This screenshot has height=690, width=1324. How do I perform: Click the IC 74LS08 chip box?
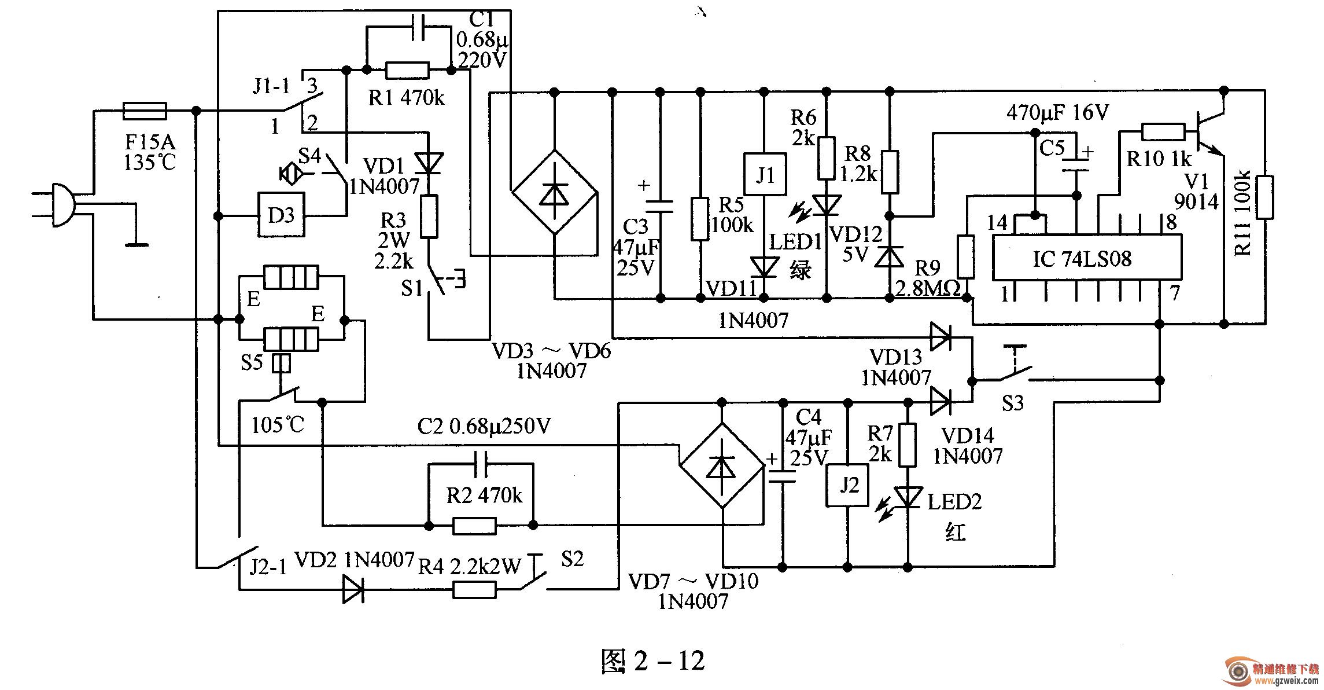click(1087, 258)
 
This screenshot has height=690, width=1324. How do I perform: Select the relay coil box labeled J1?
click(764, 174)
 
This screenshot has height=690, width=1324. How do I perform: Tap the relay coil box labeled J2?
click(848, 485)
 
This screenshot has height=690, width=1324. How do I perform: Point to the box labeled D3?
click(281, 215)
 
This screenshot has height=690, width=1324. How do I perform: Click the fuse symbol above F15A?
click(145, 111)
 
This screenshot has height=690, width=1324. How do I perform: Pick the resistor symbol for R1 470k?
click(407, 71)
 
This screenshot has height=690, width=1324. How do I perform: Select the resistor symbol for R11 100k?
click(1264, 197)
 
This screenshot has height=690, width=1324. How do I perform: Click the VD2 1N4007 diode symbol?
click(353, 590)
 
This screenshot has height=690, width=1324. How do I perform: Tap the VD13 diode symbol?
click(941, 337)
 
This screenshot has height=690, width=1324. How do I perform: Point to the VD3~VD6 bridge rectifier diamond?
click(554, 192)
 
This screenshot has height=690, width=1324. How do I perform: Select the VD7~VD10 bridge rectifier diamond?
click(721, 465)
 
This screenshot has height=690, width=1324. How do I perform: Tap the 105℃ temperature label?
click(278, 425)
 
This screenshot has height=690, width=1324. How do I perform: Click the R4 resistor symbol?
click(474, 590)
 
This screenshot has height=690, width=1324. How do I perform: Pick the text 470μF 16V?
click(1058, 113)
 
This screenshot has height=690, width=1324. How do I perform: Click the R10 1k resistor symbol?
click(1163, 132)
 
